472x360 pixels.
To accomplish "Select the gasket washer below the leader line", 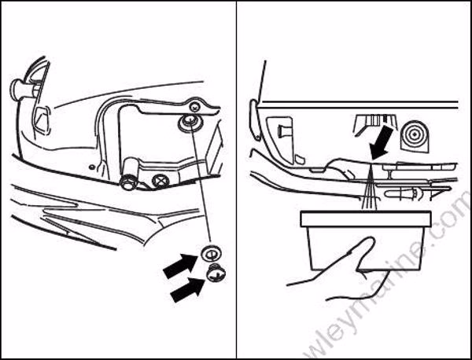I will tap(210, 253).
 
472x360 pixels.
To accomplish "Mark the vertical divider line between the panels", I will tap(237, 180).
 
